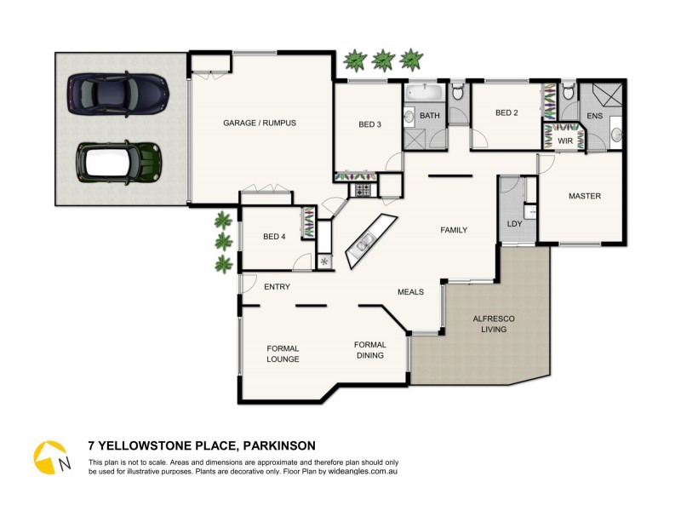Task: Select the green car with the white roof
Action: [x=118, y=161]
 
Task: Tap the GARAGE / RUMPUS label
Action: [x=260, y=123]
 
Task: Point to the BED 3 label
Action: [x=369, y=124]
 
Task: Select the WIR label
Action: [x=564, y=141]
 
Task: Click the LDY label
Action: [x=514, y=224]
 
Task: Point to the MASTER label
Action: [x=585, y=197]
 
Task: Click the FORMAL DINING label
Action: [x=369, y=350]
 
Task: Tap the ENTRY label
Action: [x=277, y=287]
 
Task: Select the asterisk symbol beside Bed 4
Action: [x=324, y=261]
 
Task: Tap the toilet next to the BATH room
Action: [x=457, y=93]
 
